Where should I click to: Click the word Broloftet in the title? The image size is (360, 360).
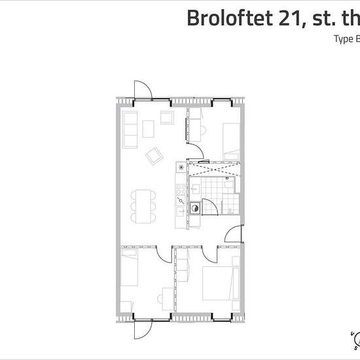[228, 18]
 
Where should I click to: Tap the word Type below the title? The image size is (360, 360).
[344, 39]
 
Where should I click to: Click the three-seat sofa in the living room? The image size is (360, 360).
[130, 129]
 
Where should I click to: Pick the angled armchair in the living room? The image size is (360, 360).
[154, 155]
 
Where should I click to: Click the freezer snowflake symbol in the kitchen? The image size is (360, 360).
[179, 168]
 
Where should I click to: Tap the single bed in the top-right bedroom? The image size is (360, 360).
[230, 139]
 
